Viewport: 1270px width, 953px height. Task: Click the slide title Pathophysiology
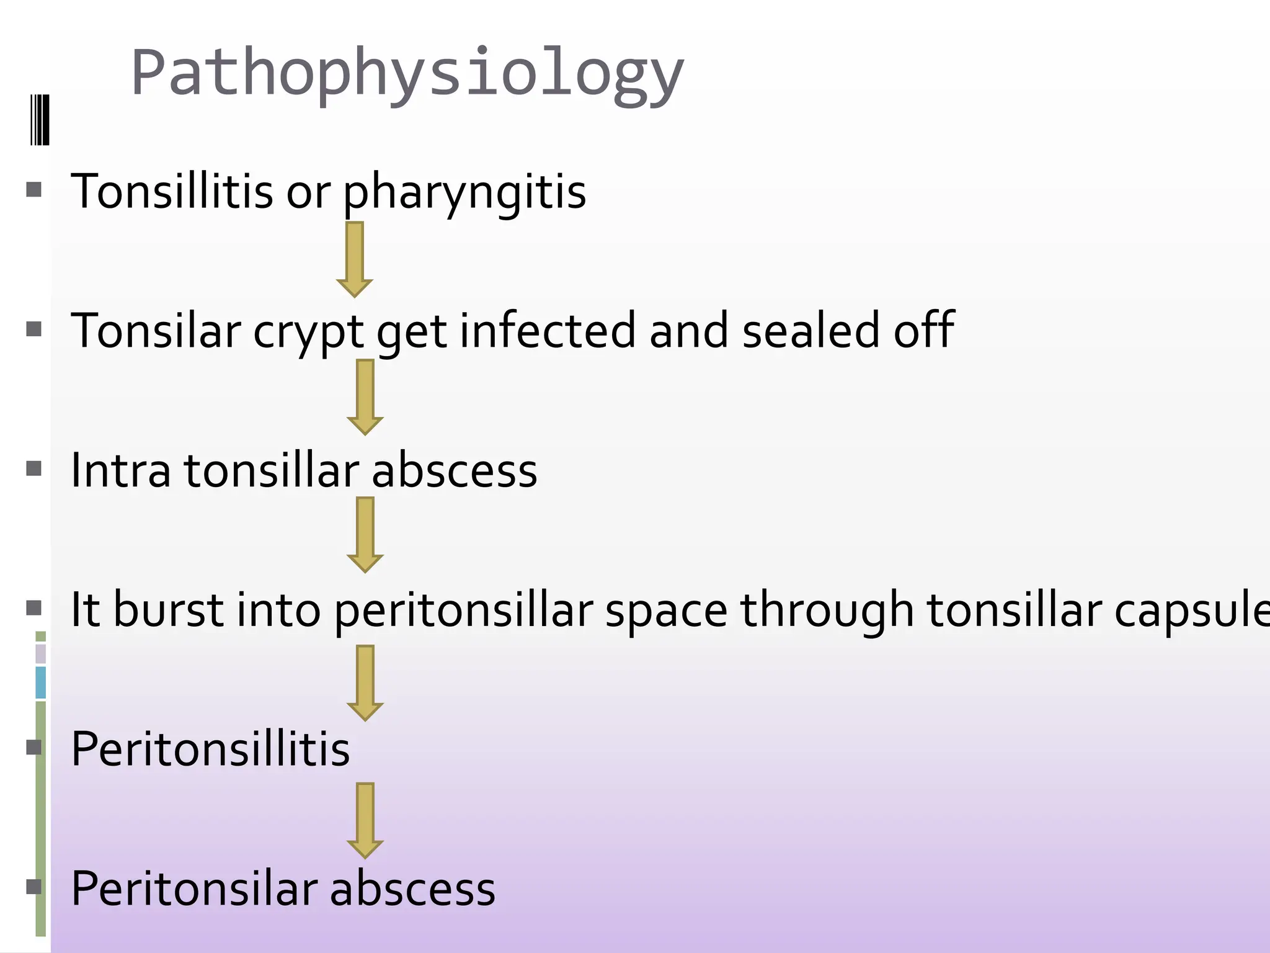[407, 73]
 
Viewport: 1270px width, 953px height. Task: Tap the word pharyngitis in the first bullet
[464, 192]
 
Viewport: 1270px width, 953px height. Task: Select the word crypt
[308, 331]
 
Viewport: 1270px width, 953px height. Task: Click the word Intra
[120, 470]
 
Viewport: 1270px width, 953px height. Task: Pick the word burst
[167, 609]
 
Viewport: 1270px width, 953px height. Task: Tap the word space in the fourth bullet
[666, 611]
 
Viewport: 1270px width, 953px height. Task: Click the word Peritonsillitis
[210, 749]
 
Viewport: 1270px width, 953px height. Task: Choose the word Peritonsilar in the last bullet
[194, 888]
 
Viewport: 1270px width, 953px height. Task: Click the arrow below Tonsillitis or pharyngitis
[354, 259]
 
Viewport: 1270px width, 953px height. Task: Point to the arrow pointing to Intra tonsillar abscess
[365, 397]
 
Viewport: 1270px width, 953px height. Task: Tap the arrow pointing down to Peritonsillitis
[365, 682]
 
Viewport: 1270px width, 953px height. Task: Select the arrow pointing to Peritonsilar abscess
[365, 820]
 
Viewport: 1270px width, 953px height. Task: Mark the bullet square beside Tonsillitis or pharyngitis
[34, 189]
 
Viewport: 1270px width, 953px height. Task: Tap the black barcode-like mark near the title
[40, 120]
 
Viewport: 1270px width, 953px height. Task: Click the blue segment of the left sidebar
[41, 682]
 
